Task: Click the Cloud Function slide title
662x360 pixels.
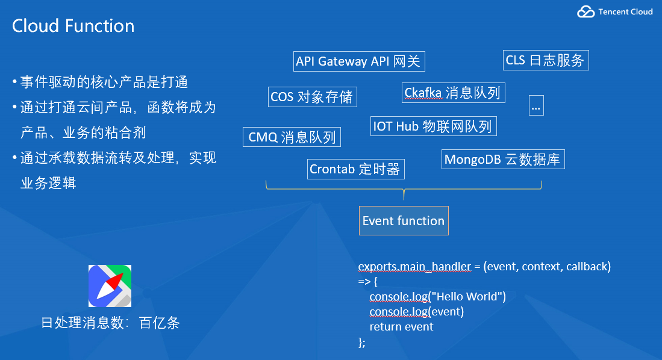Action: (73, 26)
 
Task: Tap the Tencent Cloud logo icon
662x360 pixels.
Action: (585, 11)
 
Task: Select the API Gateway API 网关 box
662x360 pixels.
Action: (360, 61)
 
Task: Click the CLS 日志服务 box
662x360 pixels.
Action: (545, 60)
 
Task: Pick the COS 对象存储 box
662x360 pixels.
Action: (312, 97)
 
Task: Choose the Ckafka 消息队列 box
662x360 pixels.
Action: (452, 93)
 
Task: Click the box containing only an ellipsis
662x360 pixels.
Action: (536, 105)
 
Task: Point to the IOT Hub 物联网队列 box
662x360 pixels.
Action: (432, 126)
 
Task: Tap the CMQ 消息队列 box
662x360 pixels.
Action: (292, 137)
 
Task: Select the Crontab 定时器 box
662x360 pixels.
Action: (355, 169)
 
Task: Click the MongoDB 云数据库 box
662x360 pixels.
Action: (502, 160)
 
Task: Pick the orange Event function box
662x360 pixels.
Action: (404, 221)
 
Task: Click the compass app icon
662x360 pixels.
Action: (110, 286)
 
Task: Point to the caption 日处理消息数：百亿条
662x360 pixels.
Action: (110, 323)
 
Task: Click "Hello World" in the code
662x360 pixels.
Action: (467, 296)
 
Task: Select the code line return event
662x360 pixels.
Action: (401, 327)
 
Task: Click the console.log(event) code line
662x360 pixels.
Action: (417, 311)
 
